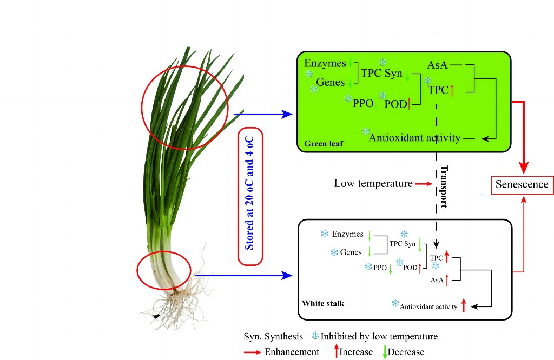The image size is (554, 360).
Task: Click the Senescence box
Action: [x=522, y=185]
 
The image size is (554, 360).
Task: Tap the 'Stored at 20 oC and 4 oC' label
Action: [x=250, y=197]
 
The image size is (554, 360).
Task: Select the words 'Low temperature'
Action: [x=373, y=184]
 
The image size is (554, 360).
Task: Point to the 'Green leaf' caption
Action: [x=322, y=144]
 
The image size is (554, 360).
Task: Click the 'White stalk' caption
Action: [x=322, y=303]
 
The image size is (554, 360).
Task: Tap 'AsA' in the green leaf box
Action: [x=437, y=64]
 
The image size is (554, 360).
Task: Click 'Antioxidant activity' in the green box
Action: [x=414, y=138]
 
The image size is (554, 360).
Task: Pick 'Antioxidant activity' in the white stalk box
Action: [x=428, y=306]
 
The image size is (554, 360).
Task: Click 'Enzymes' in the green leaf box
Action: [x=325, y=64]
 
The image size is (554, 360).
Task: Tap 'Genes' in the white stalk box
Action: [x=351, y=252]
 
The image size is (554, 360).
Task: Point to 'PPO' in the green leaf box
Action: [x=363, y=103]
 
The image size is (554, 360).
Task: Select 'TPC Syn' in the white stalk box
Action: [x=403, y=244]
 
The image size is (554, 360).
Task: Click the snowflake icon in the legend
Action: [x=315, y=336]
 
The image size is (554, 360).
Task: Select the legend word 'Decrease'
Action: [x=406, y=352]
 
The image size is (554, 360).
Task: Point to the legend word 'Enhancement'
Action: [x=292, y=352]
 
